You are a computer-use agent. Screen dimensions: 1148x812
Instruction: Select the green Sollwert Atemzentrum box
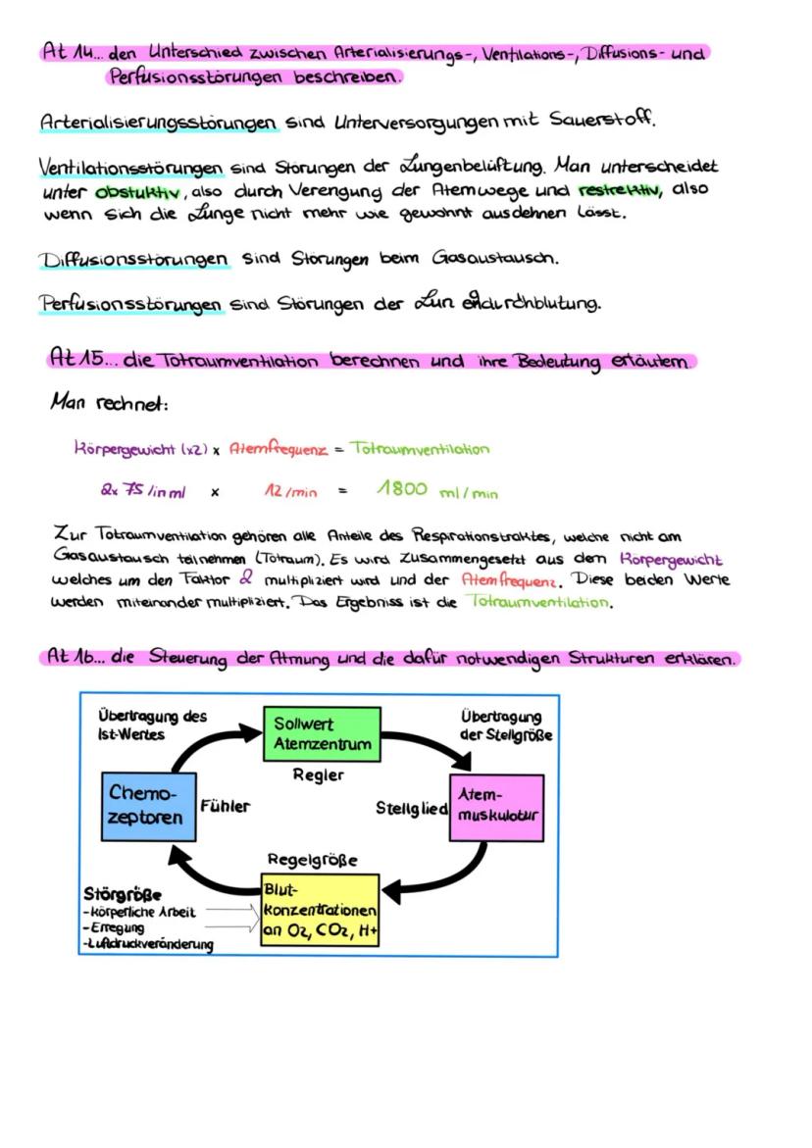[321, 733]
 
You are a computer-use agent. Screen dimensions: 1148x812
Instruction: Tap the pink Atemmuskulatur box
[496, 806]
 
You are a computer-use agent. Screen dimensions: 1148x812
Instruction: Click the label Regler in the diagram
[319, 774]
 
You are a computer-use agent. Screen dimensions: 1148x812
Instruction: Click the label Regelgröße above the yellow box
[312, 859]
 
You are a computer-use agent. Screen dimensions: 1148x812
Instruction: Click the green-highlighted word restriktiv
[616, 188]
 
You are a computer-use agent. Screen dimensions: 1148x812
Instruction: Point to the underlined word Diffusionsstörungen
[134, 260]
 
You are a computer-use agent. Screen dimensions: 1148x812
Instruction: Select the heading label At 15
[79, 360]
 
